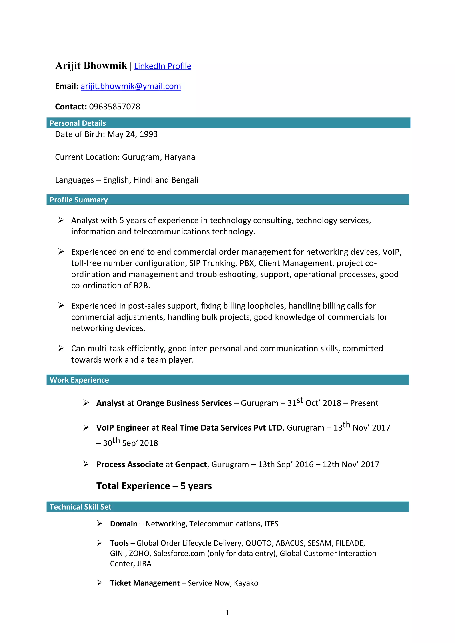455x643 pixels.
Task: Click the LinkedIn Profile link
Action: pyautogui.click(x=162, y=66)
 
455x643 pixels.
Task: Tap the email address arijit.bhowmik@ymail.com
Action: pyautogui.click(x=131, y=86)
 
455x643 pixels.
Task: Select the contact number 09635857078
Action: pyautogui.click(x=114, y=107)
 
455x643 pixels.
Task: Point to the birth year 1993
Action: pyautogui.click(x=148, y=134)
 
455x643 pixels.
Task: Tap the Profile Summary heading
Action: pyautogui.click(x=78, y=200)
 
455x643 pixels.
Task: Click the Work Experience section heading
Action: pyautogui.click(x=79, y=380)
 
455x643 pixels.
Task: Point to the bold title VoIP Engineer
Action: pyautogui.click(x=122, y=428)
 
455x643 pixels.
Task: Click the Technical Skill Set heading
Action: pyautogui.click(x=80, y=507)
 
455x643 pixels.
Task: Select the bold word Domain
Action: pyautogui.click(x=123, y=524)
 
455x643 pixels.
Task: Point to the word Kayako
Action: pyautogui.click(x=246, y=583)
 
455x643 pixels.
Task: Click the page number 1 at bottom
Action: pyautogui.click(x=227, y=613)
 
